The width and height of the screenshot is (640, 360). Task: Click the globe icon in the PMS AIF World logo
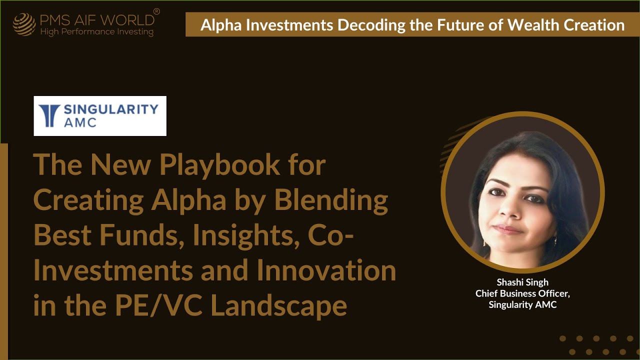(x=24, y=24)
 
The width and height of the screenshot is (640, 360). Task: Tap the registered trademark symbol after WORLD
(x=156, y=11)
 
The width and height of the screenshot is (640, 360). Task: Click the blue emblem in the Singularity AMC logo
(x=49, y=116)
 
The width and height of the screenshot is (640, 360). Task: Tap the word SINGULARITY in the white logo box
(x=111, y=109)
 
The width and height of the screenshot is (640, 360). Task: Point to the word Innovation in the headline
(x=326, y=271)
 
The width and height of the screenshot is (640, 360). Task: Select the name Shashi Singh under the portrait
(x=522, y=282)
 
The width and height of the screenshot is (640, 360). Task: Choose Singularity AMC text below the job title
(x=522, y=304)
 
